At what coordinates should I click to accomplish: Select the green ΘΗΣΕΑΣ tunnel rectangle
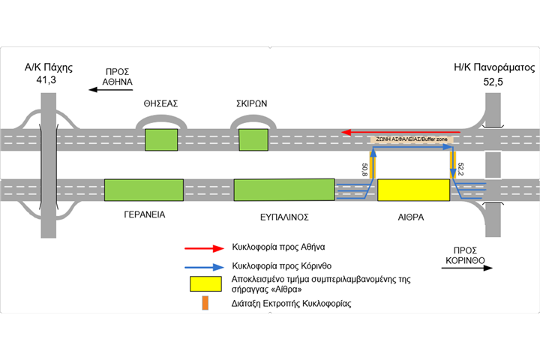(x=160, y=139)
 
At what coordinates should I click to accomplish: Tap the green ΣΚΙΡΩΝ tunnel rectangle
(x=253, y=139)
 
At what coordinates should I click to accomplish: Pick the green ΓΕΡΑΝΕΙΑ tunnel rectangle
(x=143, y=190)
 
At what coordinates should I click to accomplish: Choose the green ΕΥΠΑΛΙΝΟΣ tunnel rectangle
(x=284, y=190)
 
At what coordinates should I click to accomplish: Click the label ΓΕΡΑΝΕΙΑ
(x=144, y=214)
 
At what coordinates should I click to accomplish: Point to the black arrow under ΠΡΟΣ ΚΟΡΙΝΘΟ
(x=464, y=274)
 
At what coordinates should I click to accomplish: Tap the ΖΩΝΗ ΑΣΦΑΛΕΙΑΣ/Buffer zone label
(x=409, y=139)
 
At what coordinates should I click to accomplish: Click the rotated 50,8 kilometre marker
(x=365, y=170)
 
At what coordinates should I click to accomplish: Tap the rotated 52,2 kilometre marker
(x=460, y=169)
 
